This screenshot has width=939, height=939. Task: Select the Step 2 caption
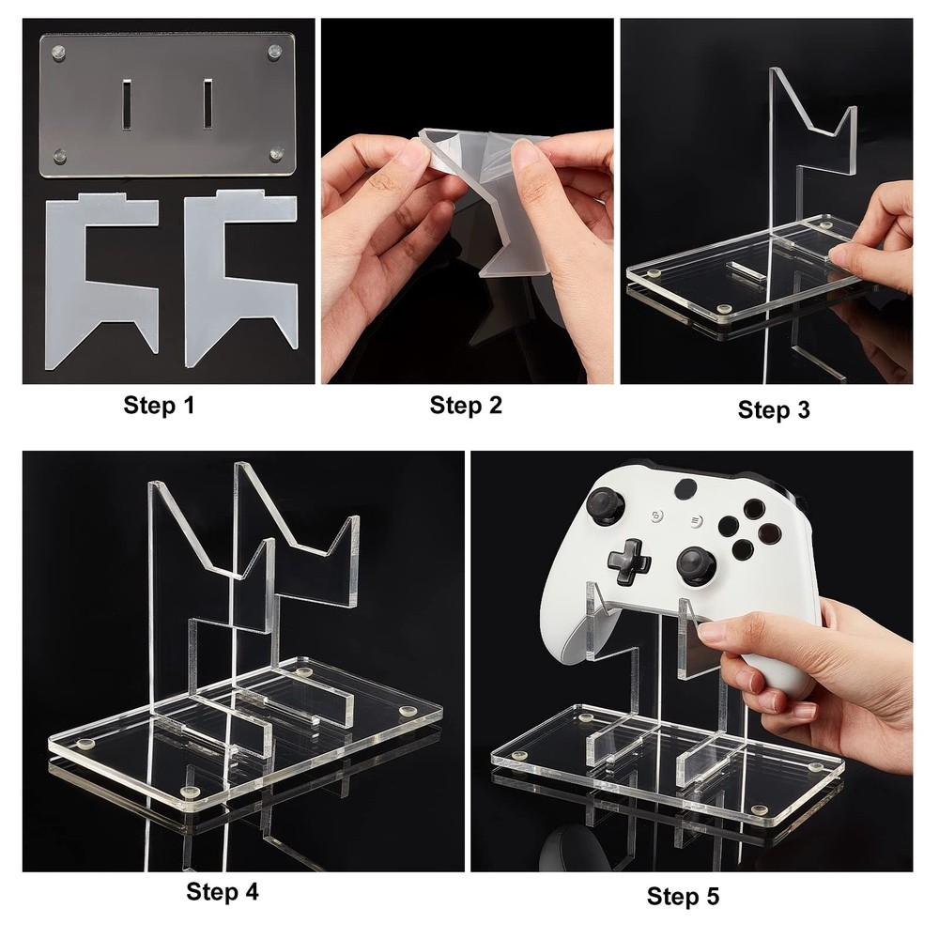coord(466,406)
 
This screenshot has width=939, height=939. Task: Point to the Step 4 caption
coord(222,891)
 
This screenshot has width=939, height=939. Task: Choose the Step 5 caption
coord(683,897)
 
